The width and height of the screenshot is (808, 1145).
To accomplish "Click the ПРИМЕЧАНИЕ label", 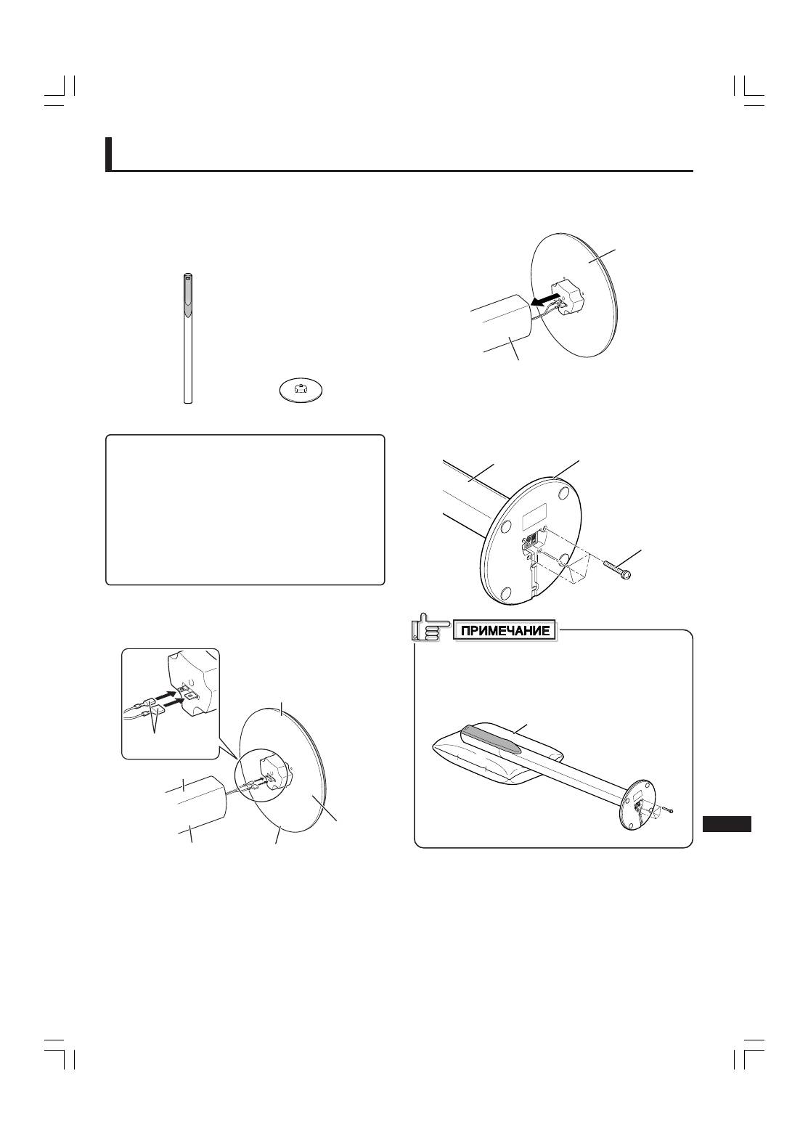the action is tap(505, 630).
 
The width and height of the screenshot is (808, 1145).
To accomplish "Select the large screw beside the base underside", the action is tap(617, 569).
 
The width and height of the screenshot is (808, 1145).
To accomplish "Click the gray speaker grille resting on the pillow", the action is tap(491, 738).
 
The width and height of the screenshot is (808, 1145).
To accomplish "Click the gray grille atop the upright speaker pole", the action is tap(188, 296).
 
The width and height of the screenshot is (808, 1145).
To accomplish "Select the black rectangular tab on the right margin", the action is tap(726, 825).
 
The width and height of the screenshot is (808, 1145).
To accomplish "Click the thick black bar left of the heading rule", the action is tap(109, 154).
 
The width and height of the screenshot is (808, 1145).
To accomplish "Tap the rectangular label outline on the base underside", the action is tap(534, 517).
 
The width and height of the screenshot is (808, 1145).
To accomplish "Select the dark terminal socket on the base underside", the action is tap(531, 538).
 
